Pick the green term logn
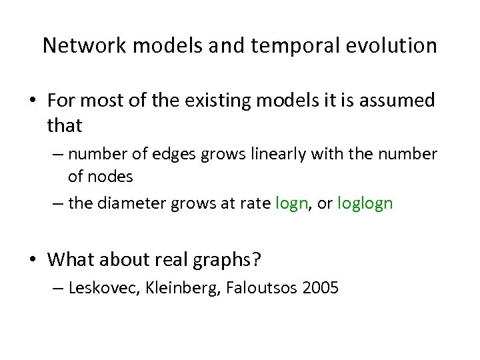click(291, 203)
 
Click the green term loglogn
click(365, 203)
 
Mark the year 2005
click(321, 289)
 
